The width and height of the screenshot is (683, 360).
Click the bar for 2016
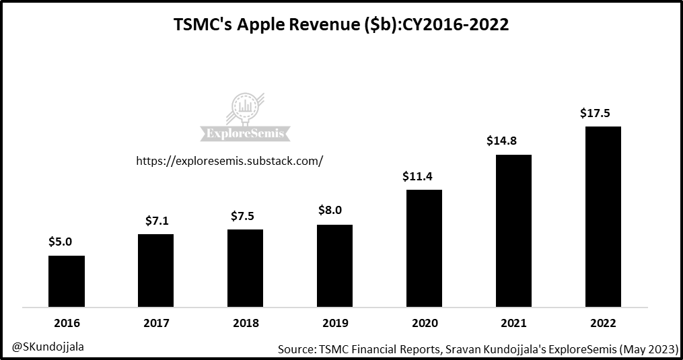(x=67, y=281)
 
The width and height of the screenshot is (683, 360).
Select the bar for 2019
(x=334, y=266)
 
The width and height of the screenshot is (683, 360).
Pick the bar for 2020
(x=424, y=248)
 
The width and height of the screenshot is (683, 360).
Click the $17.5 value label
(x=595, y=114)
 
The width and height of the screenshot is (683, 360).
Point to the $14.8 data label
(x=505, y=141)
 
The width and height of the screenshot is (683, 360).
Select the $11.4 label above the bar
(x=417, y=177)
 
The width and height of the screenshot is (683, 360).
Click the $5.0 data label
(x=60, y=242)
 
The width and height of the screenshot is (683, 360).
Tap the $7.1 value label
(x=157, y=221)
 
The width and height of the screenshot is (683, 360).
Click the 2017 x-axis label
(x=156, y=323)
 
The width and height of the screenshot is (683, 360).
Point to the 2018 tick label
(x=246, y=323)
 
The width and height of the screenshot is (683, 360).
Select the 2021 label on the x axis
(x=513, y=323)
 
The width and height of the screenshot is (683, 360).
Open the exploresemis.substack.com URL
(x=229, y=161)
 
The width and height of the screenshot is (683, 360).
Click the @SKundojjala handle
(x=48, y=347)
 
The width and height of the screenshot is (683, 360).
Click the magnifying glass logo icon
(x=247, y=108)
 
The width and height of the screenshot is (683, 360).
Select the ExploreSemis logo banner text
(x=246, y=133)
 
